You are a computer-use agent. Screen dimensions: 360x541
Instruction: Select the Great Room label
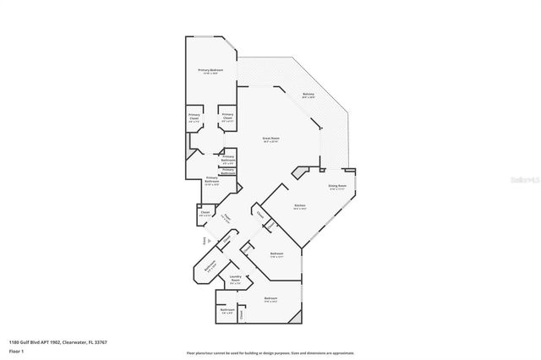coord(271,139)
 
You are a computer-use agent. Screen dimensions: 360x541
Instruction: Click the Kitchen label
coord(299,206)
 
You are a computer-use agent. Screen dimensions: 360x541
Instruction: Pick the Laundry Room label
coord(236,281)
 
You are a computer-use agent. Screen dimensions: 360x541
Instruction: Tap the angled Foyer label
coord(227,220)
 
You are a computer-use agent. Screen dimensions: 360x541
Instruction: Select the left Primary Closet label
coord(194,119)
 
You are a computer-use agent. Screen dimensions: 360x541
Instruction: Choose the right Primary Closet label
coord(227,119)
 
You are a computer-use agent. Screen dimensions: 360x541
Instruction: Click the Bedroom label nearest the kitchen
coord(276,254)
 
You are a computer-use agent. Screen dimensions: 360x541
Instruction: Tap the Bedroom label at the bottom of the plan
coord(270,299)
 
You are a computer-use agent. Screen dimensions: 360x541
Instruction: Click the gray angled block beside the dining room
coord(298,172)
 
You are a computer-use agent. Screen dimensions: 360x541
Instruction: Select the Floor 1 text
coord(16,351)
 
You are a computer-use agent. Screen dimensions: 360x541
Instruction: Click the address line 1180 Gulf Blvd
coord(57,342)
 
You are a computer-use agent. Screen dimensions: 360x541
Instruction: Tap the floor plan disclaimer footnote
coord(270,352)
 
